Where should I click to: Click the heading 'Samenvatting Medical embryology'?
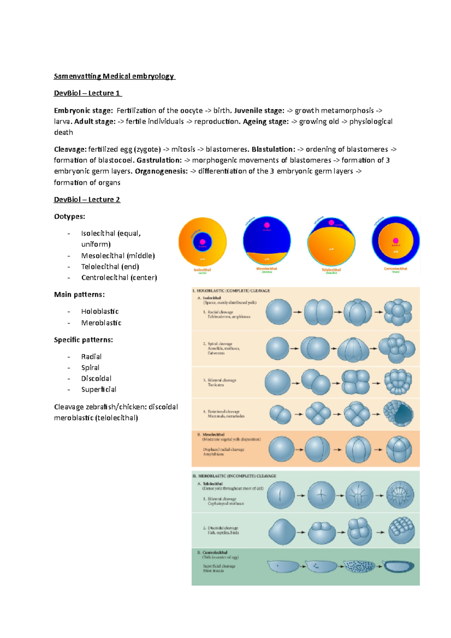click(114, 76)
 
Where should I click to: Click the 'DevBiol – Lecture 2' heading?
click(87, 200)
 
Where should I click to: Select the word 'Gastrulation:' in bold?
click(159, 160)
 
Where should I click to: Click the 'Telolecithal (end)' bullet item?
click(110, 267)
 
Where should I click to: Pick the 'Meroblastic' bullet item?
click(101, 323)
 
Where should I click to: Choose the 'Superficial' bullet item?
click(98, 390)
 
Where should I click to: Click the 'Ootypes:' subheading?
click(70, 216)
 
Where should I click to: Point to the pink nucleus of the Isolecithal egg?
click(203, 242)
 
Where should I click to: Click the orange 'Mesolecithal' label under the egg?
click(266, 269)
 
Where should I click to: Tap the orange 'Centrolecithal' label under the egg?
click(395, 269)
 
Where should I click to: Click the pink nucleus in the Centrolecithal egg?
click(395, 240)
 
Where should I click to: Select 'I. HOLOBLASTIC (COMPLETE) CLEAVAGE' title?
click(231, 291)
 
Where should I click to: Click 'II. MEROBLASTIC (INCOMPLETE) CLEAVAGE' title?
click(234, 476)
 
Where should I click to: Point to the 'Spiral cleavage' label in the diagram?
click(220, 344)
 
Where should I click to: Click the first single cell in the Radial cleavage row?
click(278, 312)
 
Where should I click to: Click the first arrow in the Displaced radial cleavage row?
click(300, 449)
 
